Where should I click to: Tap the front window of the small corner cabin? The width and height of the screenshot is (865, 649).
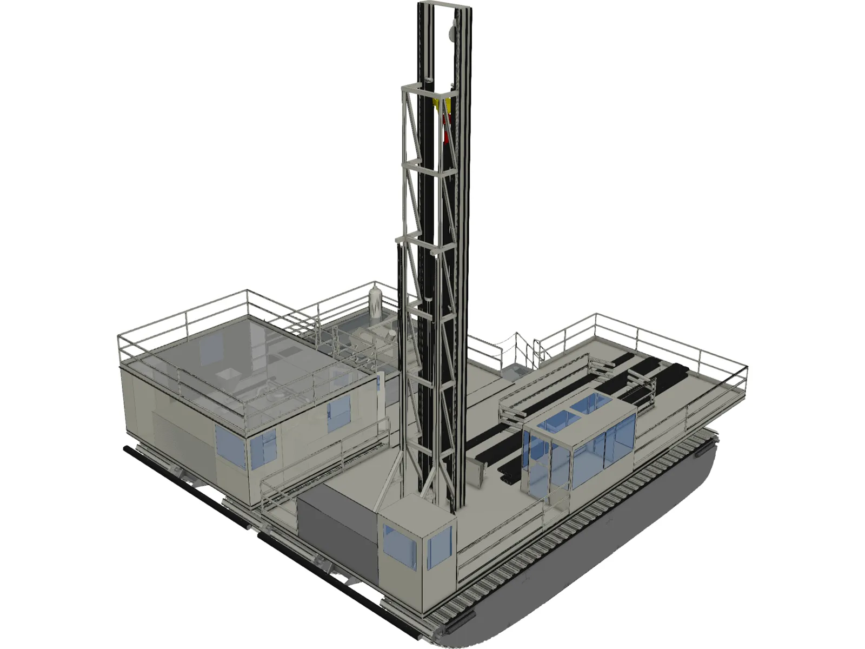pos(400,546)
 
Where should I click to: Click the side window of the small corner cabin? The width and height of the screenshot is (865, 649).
pos(439,546)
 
